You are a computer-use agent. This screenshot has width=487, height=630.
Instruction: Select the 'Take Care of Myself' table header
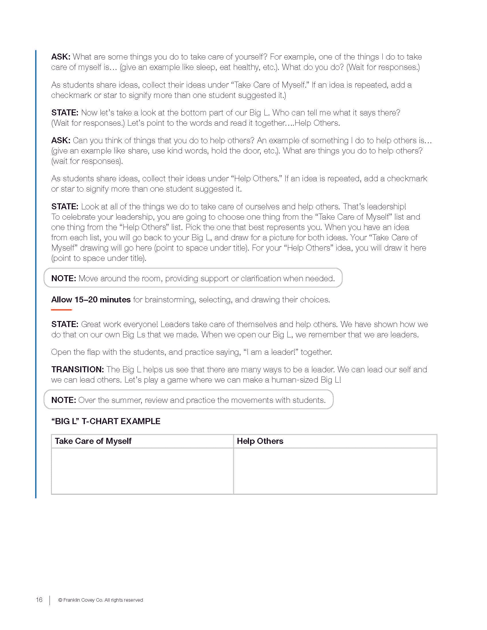[x=93, y=441]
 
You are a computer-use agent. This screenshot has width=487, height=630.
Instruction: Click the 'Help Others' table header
[x=260, y=441]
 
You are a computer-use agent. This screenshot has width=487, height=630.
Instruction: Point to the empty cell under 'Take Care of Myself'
[x=142, y=471]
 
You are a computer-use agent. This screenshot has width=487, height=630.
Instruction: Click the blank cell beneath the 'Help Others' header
[x=335, y=471]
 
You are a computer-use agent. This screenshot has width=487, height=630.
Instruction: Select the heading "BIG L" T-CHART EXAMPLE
[x=106, y=421]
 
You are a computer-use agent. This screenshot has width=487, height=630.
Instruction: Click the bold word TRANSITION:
[x=77, y=369]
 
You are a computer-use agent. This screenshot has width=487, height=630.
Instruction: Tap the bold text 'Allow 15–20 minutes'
[x=91, y=300]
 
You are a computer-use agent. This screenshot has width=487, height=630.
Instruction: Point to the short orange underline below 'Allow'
[x=62, y=310]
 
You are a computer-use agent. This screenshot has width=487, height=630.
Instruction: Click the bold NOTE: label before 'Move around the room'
[x=64, y=278]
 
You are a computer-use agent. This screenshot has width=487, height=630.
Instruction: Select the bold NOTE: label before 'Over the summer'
[x=64, y=400]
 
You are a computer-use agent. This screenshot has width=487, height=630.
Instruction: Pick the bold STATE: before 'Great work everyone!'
[x=65, y=324]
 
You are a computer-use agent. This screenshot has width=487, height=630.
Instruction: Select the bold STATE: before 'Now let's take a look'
[x=65, y=113]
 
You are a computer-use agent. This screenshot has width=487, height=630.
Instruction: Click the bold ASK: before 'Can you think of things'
[x=60, y=141]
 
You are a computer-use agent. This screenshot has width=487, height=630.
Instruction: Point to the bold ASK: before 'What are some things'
[x=60, y=57]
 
